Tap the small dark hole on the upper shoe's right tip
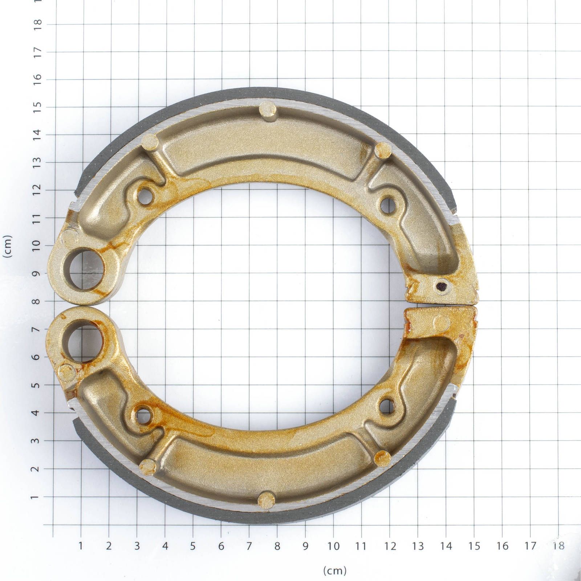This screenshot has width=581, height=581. coord(441,287)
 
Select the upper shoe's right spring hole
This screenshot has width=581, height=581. coord(388,205)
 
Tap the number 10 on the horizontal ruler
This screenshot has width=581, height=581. coord(333,546)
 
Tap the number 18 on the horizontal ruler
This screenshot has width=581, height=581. coord(558,546)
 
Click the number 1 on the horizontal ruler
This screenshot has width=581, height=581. coord(81,546)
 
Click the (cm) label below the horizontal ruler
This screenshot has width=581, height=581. coord(334,570)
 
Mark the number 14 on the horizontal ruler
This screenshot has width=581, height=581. coord(446,546)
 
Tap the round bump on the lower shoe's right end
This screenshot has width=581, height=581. coord(442,321)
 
